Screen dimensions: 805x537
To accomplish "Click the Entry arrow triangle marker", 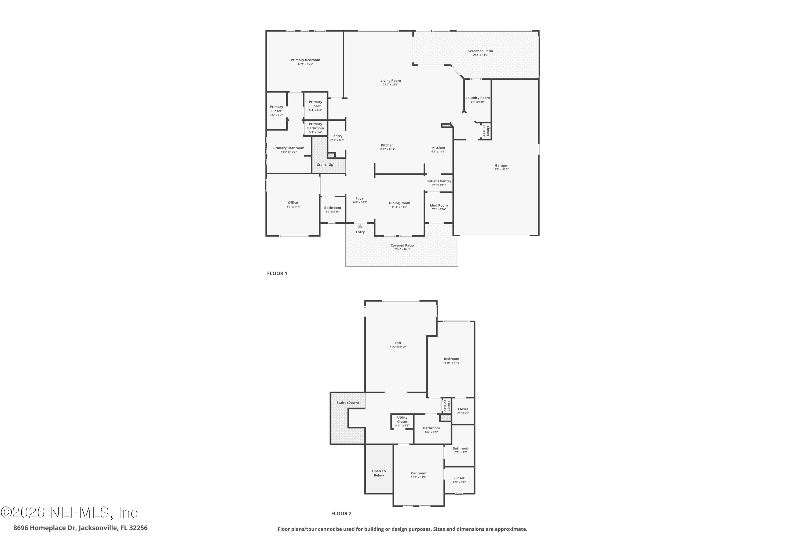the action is (x=360, y=226).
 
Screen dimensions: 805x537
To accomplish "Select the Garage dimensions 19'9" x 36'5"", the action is (x=501, y=169).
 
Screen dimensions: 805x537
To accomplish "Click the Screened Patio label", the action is (x=481, y=51).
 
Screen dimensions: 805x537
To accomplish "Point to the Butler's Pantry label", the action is (x=439, y=181).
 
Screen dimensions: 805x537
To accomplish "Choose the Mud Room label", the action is (x=439, y=205).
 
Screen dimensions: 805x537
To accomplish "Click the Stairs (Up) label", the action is (x=325, y=165).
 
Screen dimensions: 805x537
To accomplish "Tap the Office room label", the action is (x=293, y=203).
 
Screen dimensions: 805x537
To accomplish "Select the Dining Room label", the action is (x=400, y=203).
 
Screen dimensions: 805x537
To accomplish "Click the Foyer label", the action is (x=360, y=198).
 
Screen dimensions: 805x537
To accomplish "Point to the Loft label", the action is (x=398, y=343).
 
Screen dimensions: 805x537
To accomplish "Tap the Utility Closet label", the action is (x=402, y=419).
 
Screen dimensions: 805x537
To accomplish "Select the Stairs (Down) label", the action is (x=348, y=403).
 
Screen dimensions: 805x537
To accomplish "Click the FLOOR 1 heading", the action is (x=277, y=273).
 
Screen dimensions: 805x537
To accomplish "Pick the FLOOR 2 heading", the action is (x=341, y=513).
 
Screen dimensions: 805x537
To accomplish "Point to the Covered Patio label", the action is (x=402, y=246).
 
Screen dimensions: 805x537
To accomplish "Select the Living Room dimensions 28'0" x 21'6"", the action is (x=390, y=85).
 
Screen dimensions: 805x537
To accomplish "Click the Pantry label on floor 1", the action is (x=337, y=136).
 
